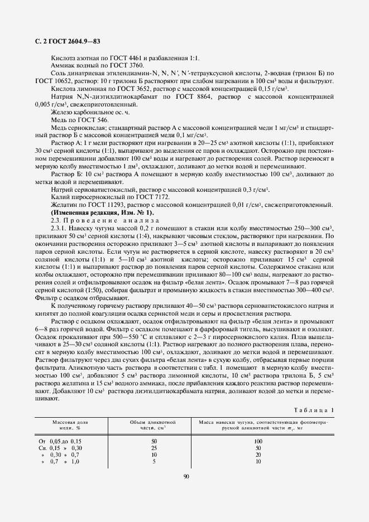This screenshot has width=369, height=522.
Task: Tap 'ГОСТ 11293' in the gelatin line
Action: [103, 206]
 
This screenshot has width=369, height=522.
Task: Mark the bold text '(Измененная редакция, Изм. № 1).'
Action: [102, 213]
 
